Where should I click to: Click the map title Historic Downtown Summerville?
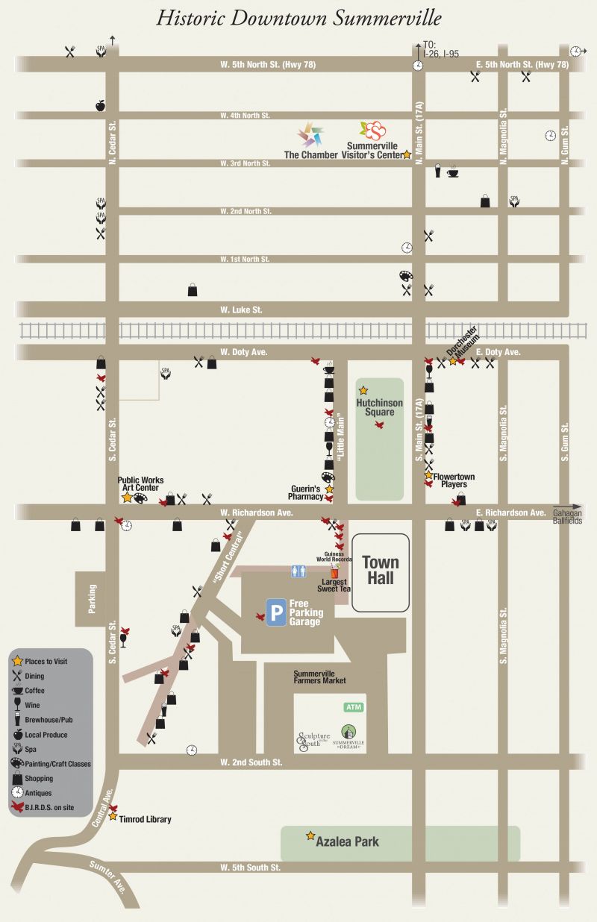click(298, 19)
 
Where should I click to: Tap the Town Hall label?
click(381, 571)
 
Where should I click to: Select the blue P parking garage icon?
click(276, 613)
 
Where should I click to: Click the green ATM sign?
click(353, 706)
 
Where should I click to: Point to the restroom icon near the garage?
click(298, 571)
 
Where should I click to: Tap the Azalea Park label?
click(347, 842)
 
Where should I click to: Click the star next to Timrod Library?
click(113, 817)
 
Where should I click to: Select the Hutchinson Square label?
click(379, 407)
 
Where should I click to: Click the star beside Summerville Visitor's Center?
click(407, 154)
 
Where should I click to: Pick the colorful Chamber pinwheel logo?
click(311, 135)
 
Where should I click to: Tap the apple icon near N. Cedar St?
click(101, 105)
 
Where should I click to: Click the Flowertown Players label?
click(454, 480)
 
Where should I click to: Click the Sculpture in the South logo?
click(313, 741)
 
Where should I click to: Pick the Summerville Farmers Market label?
click(319, 677)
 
